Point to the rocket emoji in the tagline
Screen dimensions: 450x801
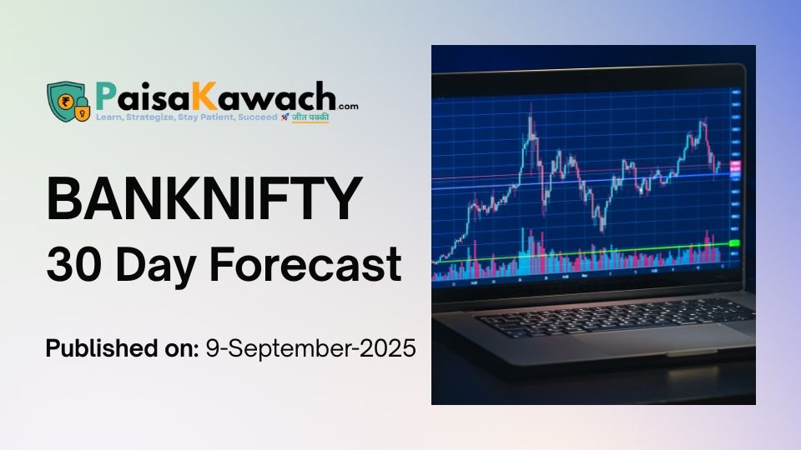coord(285,118)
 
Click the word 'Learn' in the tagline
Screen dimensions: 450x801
coord(112,118)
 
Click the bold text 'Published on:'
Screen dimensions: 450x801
coord(119,347)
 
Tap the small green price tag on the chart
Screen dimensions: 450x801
coord(734,242)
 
